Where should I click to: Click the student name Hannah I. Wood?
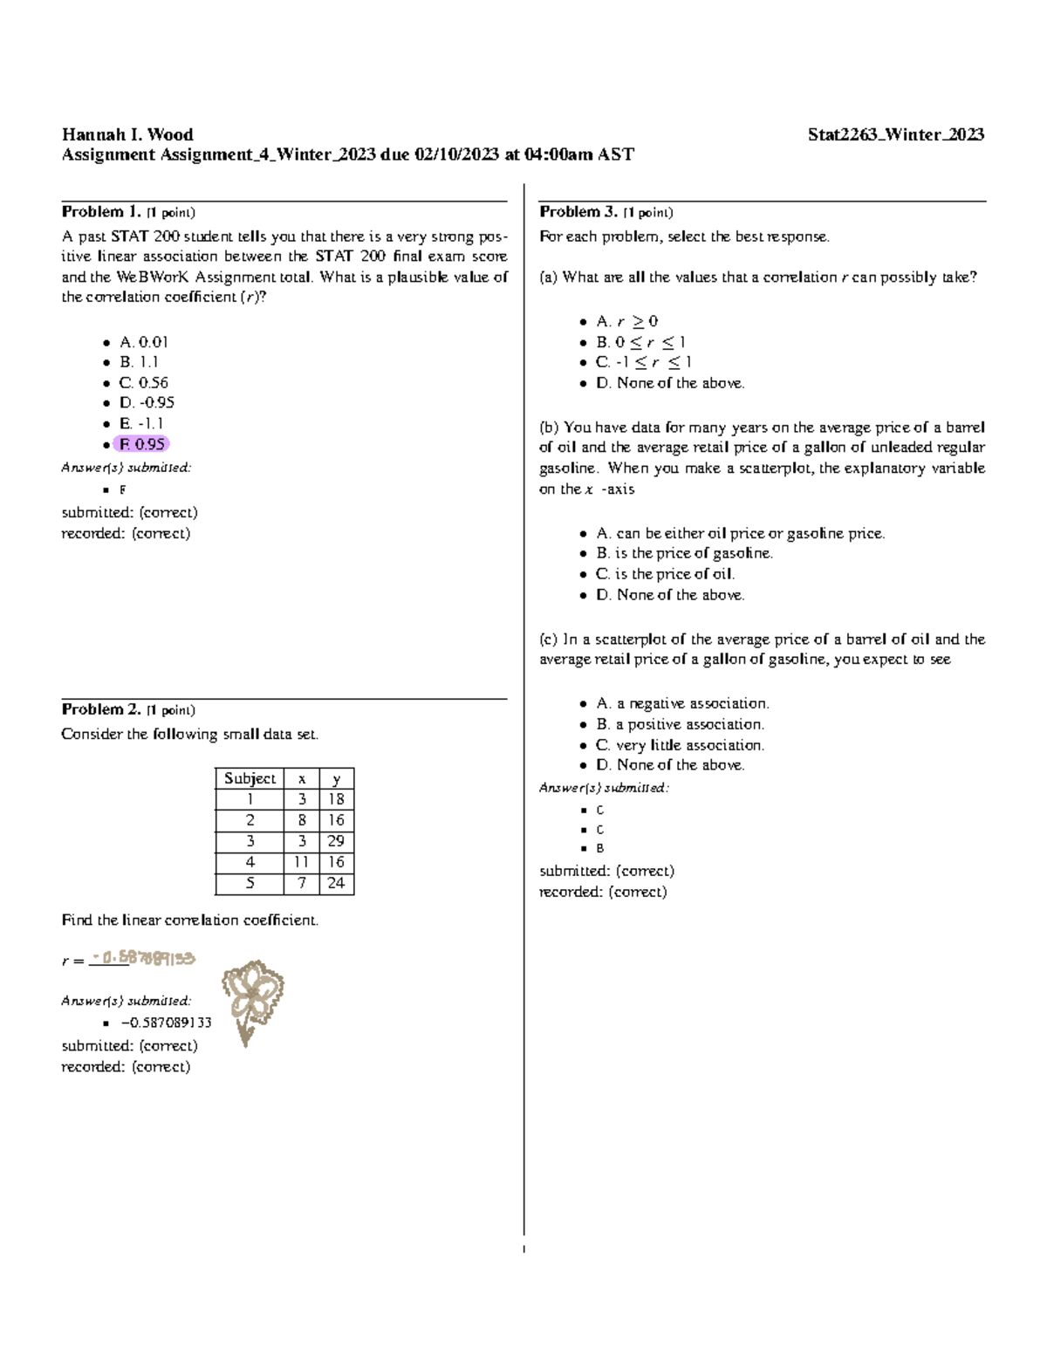click(127, 134)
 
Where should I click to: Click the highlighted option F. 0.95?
click(141, 444)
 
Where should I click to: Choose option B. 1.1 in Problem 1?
click(139, 362)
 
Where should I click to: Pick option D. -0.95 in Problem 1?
click(147, 403)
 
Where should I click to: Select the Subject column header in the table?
click(250, 778)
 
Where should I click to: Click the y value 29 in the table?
click(336, 841)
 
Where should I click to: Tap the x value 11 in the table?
click(301, 862)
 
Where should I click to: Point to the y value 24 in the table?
click(336, 883)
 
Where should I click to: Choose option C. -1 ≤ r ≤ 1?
click(644, 362)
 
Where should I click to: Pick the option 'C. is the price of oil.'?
click(665, 574)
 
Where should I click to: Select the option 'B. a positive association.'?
click(680, 724)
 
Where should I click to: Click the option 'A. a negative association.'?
click(682, 703)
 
